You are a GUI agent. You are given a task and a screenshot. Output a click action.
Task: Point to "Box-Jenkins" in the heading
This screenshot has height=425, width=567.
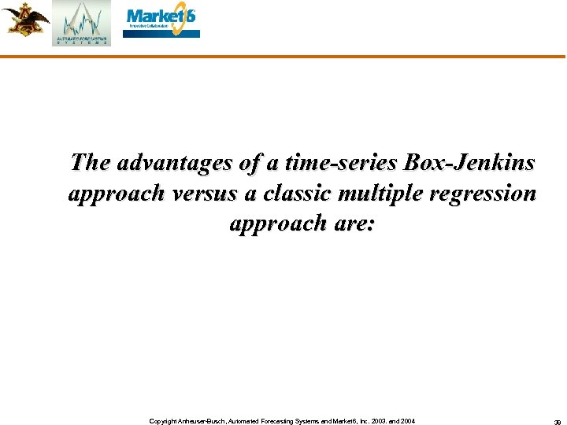click(469, 163)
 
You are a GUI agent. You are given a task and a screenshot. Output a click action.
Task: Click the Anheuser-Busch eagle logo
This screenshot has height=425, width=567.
click(25, 19)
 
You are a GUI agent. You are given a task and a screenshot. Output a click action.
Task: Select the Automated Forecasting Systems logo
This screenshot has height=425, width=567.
click(82, 24)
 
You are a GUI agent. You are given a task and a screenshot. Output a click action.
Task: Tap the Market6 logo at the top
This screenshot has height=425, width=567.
click(162, 21)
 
